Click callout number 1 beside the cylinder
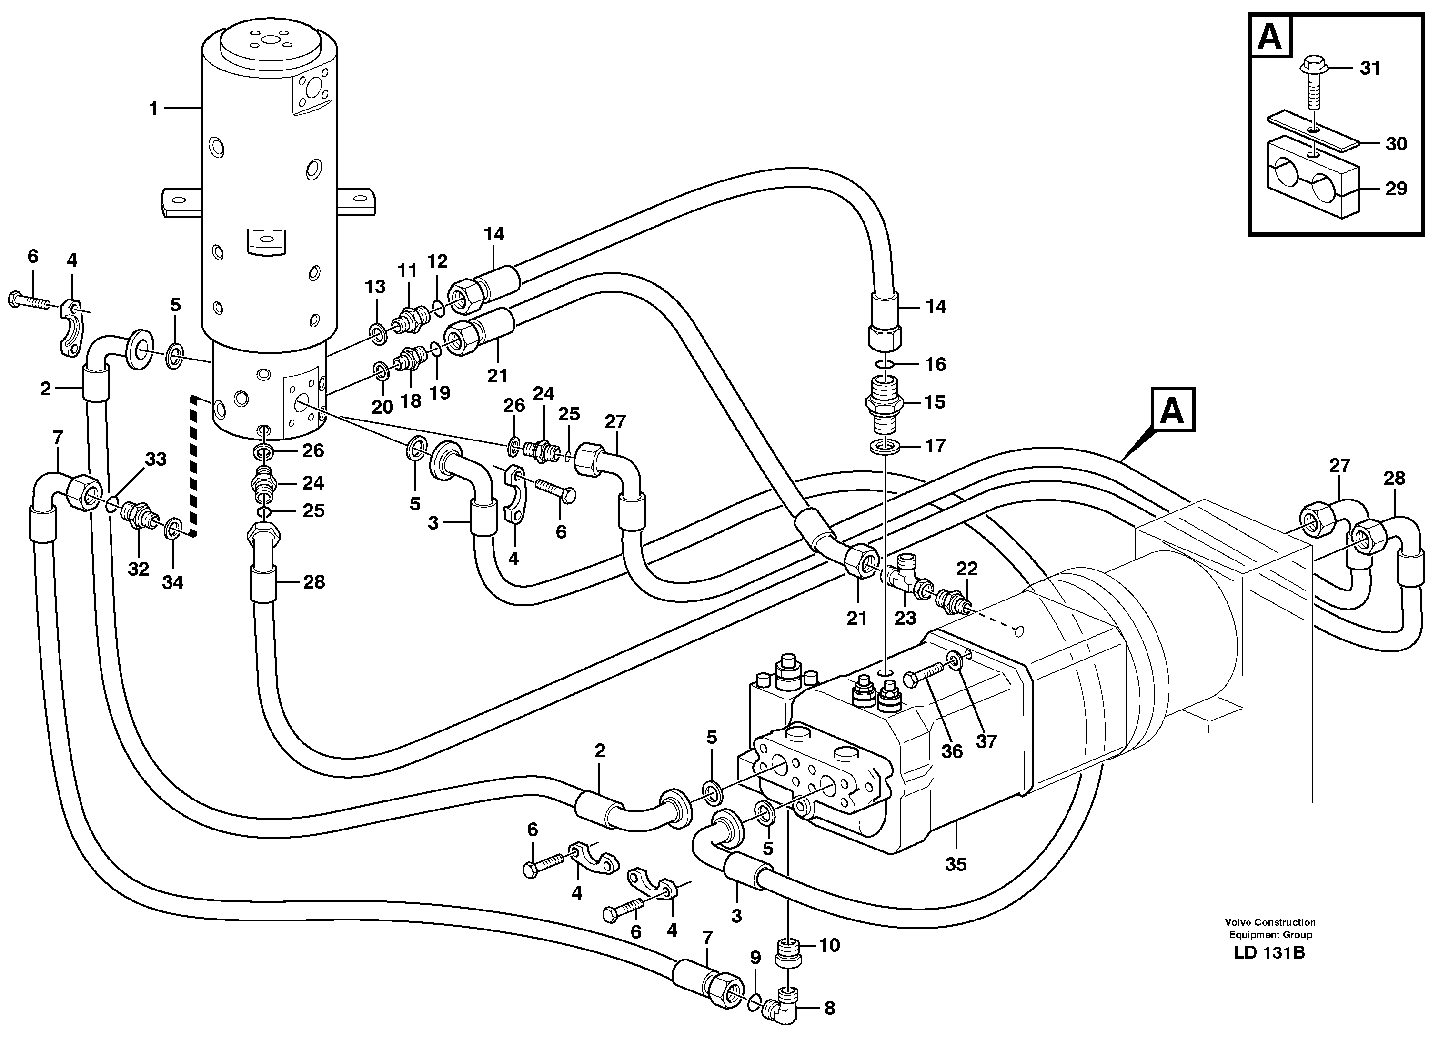pos(153,109)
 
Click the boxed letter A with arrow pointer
pos(1173,410)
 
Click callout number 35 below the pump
pos(956,864)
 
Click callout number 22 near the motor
pos(966,569)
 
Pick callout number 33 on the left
pos(155,460)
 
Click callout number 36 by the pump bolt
pos(952,751)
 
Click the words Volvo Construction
pos(1269,922)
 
